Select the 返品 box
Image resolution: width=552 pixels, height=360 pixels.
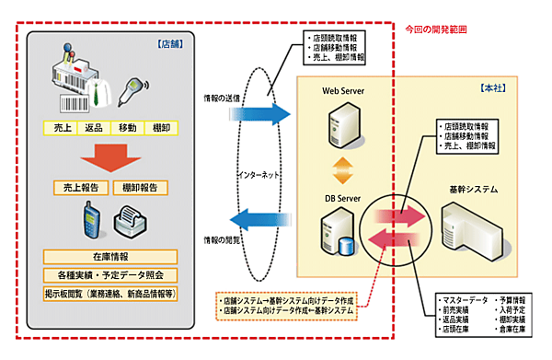(93, 127)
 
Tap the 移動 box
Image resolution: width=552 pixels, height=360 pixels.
(127, 127)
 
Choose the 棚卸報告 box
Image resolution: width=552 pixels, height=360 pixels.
(140, 187)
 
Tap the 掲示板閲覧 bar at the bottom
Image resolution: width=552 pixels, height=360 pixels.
(110, 293)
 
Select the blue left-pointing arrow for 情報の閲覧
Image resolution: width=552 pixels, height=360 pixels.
(258, 220)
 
